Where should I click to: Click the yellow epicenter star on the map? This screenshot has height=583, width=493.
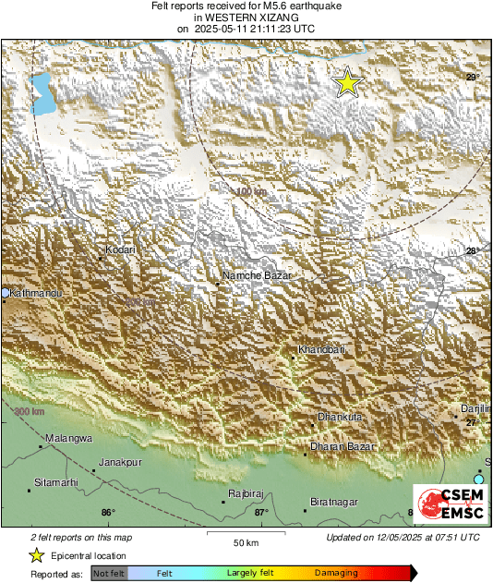(347, 82)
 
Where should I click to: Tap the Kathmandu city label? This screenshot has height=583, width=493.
(34, 293)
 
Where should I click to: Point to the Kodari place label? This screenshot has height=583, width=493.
(120, 249)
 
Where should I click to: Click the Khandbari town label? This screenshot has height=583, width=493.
(321, 349)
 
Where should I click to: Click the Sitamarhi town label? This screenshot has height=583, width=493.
(54, 483)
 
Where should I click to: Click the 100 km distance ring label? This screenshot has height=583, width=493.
(249, 191)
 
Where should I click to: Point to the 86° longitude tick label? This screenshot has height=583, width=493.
(108, 513)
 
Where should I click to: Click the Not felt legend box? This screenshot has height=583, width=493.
(109, 574)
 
